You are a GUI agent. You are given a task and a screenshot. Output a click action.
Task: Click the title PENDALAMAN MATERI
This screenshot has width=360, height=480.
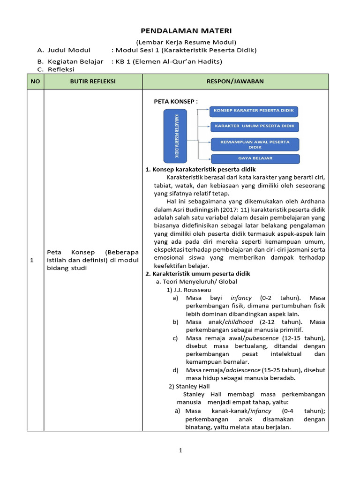tap(180, 31)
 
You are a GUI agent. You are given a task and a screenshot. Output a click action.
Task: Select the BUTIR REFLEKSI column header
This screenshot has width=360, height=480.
tap(93, 82)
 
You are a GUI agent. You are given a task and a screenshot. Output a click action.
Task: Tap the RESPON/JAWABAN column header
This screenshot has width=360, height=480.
tap(235, 82)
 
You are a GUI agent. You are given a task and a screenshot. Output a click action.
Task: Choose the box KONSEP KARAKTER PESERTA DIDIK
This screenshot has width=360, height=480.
tap(254, 111)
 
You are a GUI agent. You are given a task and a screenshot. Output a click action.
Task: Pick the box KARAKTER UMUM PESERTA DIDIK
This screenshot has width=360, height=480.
tap(254, 127)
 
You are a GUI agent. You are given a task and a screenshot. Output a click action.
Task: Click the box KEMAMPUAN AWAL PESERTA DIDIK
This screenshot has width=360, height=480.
tap(255, 144)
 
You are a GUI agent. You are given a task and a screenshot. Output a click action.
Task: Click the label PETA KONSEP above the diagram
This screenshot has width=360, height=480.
tap(176, 101)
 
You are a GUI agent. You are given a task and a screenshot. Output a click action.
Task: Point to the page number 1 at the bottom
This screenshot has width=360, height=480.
tap(180, 450)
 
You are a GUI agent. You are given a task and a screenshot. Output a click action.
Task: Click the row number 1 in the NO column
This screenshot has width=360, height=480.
tap(32, 261)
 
